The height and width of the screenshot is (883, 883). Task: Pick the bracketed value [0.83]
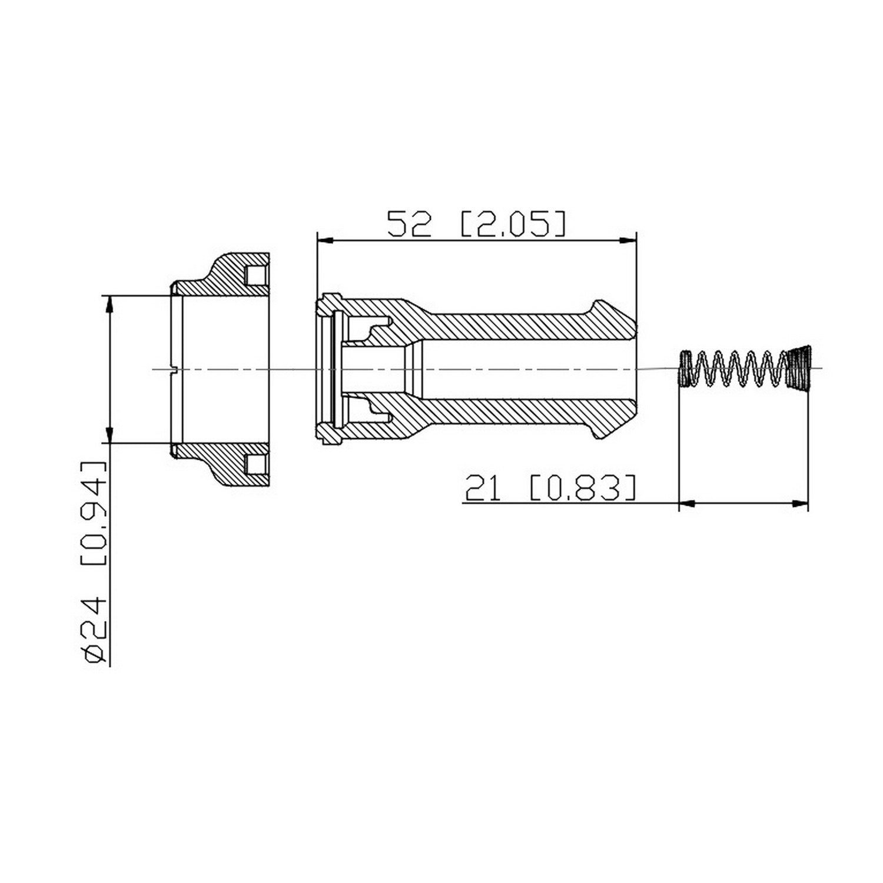click(583, 489)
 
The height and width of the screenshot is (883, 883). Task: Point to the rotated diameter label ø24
click(94, 630)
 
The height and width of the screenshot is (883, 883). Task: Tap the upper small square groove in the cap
click(254, 275)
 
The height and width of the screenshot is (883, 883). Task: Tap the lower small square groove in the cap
click(254, 464)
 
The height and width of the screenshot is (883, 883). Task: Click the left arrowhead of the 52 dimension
click(324, 240)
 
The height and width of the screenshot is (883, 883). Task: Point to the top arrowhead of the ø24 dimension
click(108, 303)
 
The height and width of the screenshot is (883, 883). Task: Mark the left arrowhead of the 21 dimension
click(687, 503)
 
